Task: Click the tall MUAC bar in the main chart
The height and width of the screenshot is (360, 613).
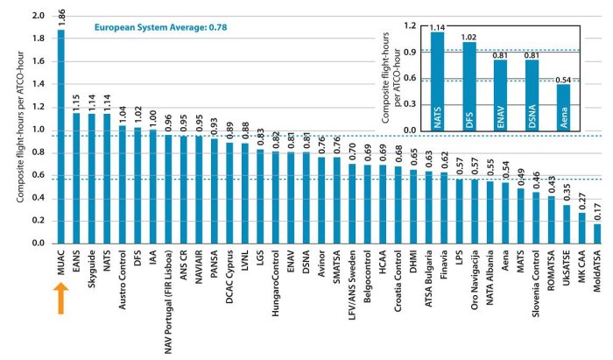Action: click(x=61, y=131)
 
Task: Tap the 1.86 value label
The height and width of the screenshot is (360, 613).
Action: click(x=61, y=17)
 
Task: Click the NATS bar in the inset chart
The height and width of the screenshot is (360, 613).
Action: click(x=438, y=83)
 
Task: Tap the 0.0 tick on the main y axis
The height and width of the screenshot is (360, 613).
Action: click(x=37, y=242)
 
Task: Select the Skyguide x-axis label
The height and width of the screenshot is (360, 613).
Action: click(x=92, y=272)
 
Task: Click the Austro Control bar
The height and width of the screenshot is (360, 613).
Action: click(x=123, y=184)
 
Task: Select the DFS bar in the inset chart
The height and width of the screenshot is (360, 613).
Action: click(x=469, y=88)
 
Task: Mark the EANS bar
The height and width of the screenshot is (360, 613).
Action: click(x=76, y=179)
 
